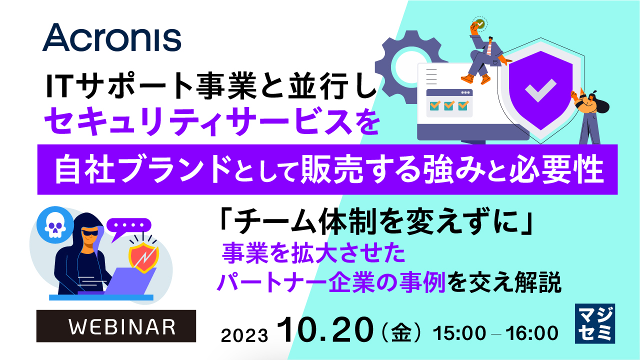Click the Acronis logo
point(111,38)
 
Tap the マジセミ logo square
point(594,323)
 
